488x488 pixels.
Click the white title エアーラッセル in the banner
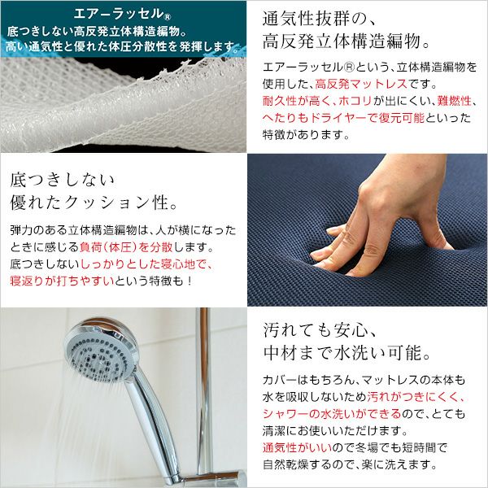tap(118, 14)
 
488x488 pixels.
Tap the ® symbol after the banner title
tap(167, 17)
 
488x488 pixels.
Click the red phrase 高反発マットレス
tap(361, 84)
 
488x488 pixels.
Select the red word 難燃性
tap(455, 101)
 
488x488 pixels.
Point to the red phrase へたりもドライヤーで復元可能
tap(343, 118)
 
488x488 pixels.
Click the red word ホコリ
tap(355, 101)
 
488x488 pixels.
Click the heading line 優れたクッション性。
tap(94, 203)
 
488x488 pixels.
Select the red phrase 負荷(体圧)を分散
tap(126, 247)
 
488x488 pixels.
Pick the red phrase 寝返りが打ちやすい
tap(63, 281)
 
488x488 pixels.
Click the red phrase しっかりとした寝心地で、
tap(146, 264)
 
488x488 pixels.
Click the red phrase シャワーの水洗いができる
tap(332, 414)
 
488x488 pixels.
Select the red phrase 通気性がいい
tap(297, 448)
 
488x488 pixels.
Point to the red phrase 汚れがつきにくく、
tap(416, 397)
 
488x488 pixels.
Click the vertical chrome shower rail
tap(204, 389)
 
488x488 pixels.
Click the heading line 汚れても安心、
tap(320, 330)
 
